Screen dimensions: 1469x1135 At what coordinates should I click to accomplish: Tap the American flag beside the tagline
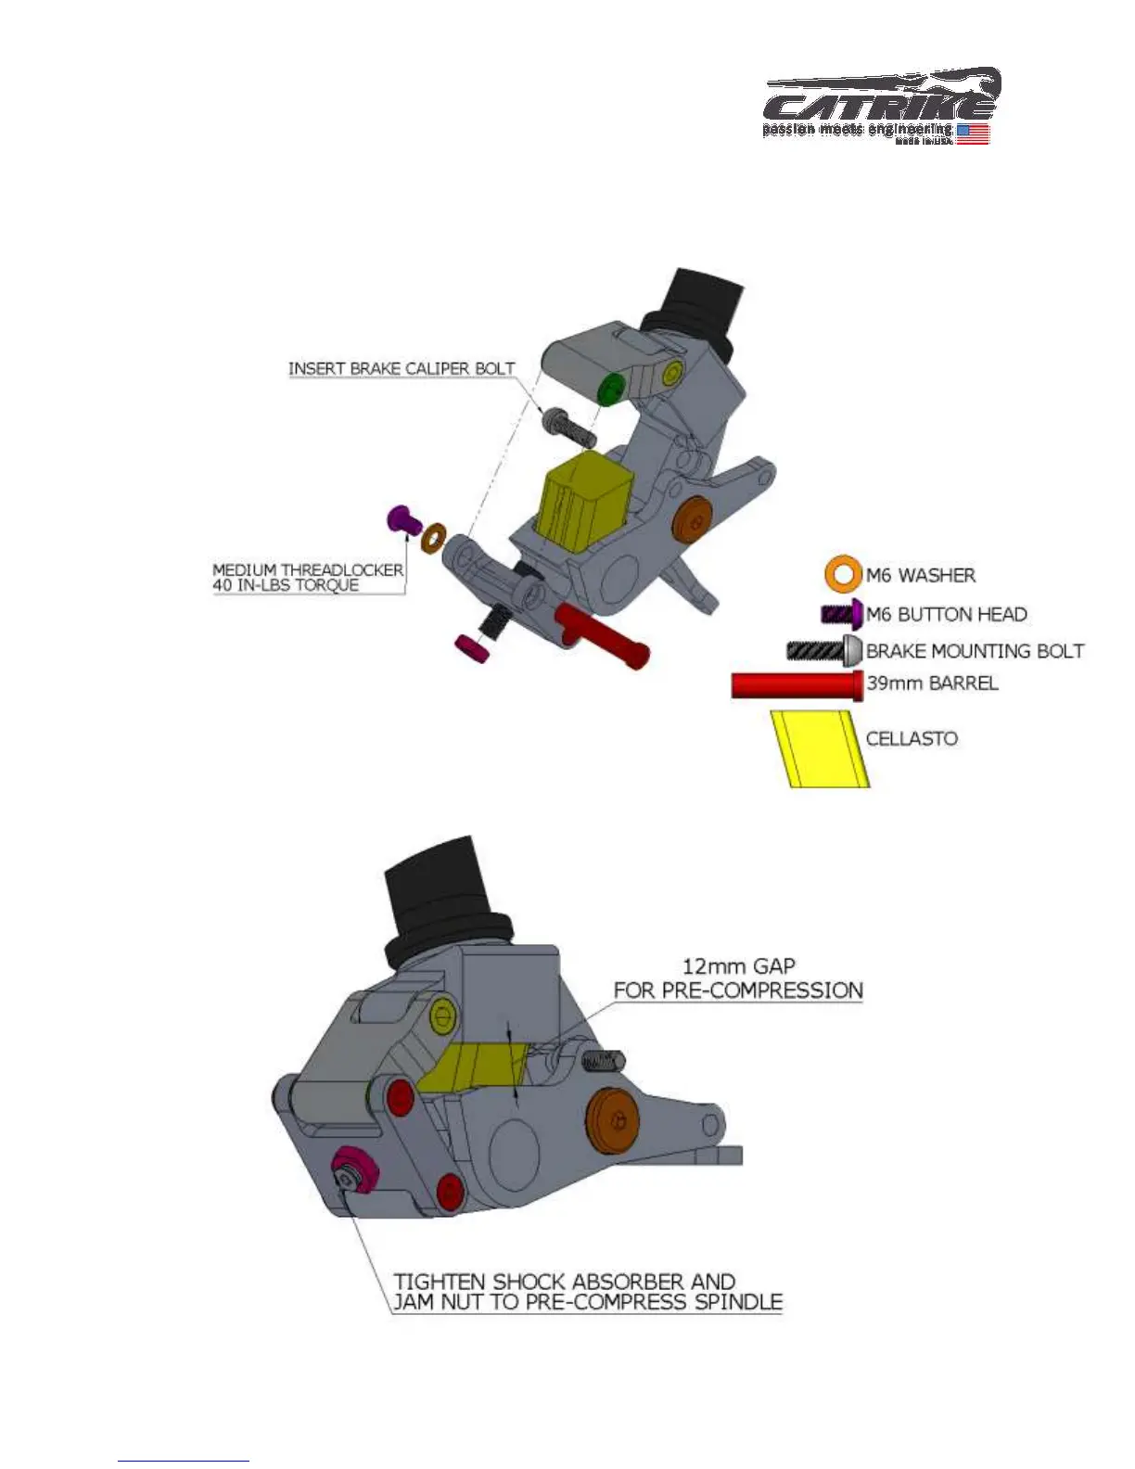(973, 134)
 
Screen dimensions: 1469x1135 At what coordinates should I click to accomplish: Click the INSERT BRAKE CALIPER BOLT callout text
(401, 368)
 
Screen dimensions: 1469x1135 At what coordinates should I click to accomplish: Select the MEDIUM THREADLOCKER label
(308, 569)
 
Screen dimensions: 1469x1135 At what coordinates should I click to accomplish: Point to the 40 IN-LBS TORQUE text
(286, 585)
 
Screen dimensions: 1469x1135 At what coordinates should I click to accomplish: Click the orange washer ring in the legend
(843, 574)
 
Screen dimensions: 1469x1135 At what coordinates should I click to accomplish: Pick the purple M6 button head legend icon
(842, 614)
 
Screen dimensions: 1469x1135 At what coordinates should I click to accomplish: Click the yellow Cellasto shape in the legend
(820, 748)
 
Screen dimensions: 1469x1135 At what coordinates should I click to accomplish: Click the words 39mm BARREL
(932, 683)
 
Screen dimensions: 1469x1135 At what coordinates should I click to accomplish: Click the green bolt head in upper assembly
(609, 389)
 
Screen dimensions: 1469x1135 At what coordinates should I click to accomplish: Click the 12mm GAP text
(738, 965)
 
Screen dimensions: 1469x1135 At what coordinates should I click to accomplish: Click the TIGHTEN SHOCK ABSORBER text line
(564, 1282)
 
